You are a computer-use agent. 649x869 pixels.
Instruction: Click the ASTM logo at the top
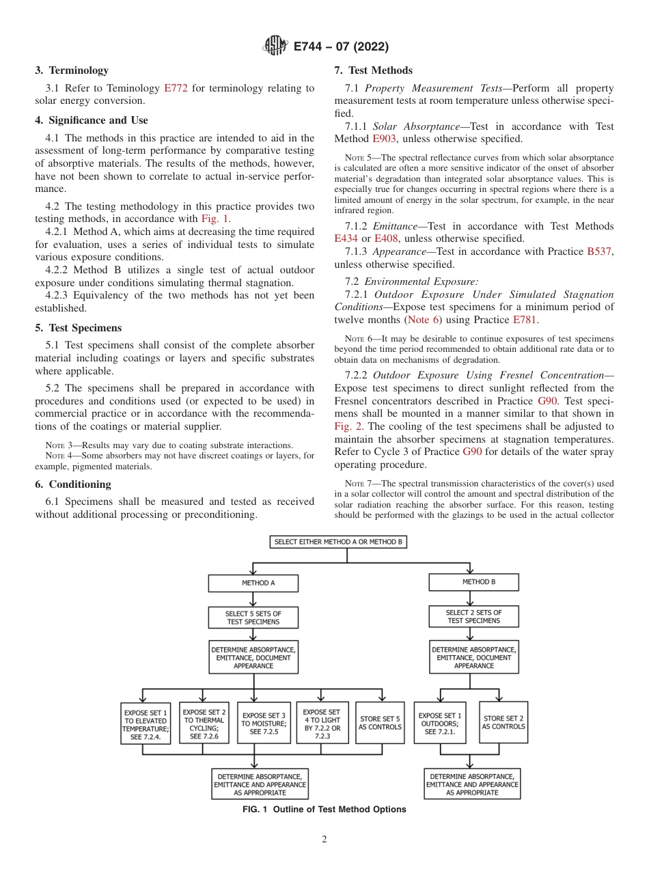[275, 46]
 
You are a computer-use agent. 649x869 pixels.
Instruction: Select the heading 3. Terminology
[72, 70]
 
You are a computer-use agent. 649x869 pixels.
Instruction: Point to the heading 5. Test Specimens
[78, 327]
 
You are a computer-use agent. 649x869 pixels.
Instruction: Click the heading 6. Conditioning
[72, 484]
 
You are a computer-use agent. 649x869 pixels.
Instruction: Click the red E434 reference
[346, 238]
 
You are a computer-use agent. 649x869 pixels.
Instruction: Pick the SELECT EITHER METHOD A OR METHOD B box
[337, 542]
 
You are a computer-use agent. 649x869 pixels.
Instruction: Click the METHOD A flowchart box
[253, 583]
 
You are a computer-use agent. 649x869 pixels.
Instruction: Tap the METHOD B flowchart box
[473, 582]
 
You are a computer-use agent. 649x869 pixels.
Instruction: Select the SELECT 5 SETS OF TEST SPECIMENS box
[253, 618]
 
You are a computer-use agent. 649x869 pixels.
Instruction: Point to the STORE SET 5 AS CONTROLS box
[380, 723]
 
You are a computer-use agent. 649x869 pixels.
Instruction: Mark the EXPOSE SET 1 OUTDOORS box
[440, 723]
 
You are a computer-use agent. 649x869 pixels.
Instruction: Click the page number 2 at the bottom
[324, 840]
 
